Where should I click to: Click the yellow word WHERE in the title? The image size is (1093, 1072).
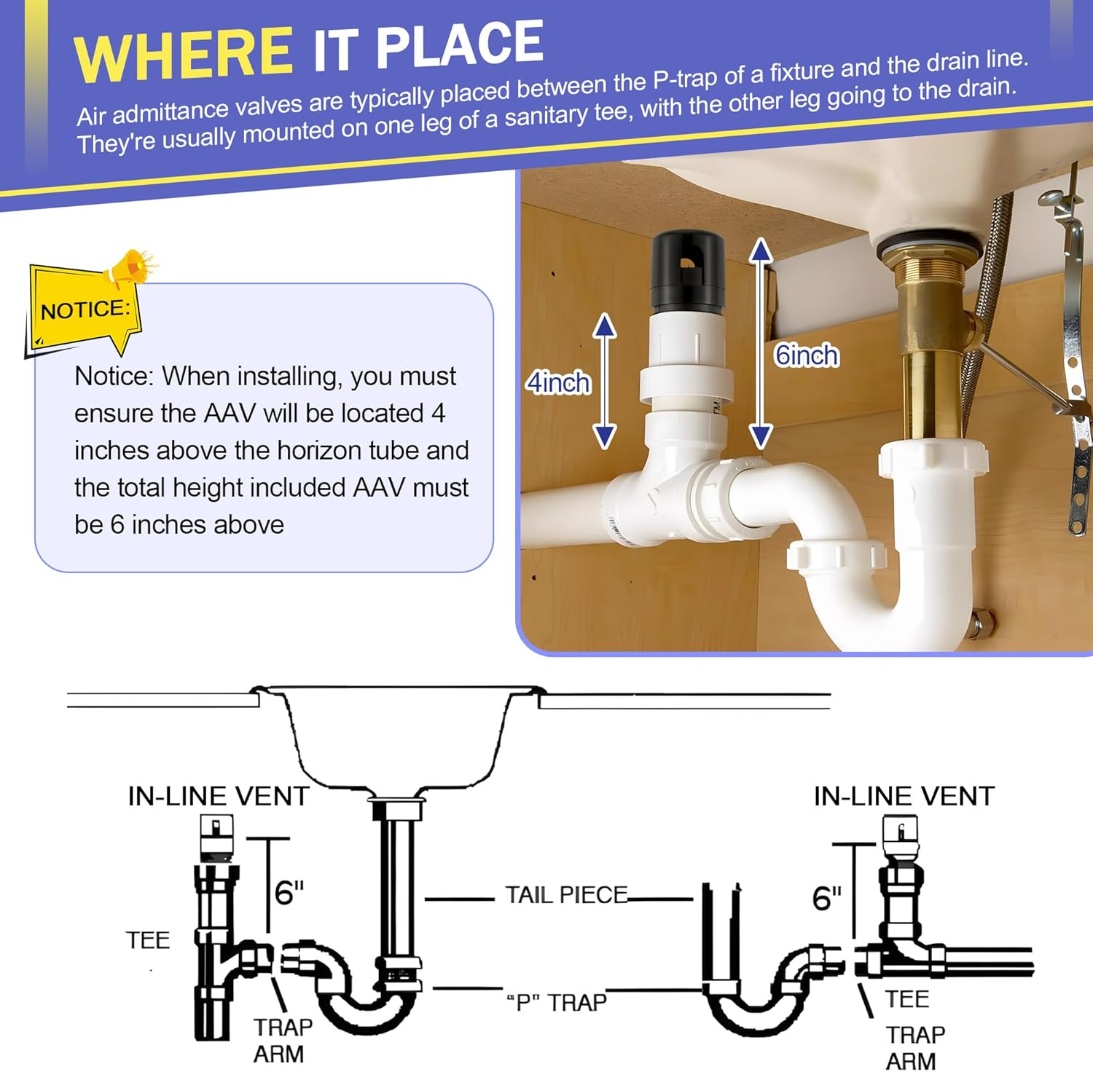(x=183, y=54)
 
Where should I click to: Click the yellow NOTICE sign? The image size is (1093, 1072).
(x=84, y=310)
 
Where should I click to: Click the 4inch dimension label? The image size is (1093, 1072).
(x=558, y=382)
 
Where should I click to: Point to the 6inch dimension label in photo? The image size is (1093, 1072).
(x=806, y=355)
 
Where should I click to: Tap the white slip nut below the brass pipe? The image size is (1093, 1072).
(x=933, y=460)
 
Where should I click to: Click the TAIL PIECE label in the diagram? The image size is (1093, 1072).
(x=566, y=895)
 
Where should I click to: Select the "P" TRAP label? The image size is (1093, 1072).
(x=557, y=1003)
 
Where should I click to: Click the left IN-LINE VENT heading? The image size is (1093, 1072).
(x=219, y=796)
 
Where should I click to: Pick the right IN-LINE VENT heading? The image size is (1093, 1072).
(x=904, y=796)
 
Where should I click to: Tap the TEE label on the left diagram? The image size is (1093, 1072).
(x=148, y=940)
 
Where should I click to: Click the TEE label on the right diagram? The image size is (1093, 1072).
(x=907, y=998)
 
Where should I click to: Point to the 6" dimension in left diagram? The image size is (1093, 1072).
(x=289, y=891)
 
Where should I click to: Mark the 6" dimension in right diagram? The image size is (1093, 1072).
(x=826, y=899)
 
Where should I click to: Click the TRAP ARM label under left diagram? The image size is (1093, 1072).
(x=283, y=1040)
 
